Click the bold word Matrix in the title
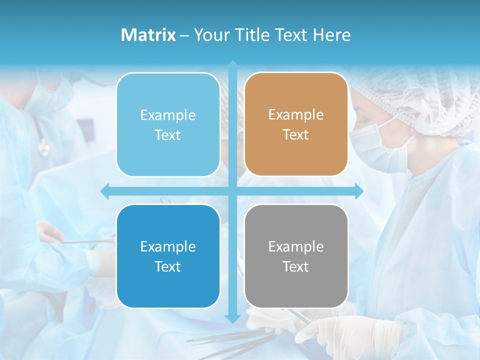pyautogui.click(x=148, y=35)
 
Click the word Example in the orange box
pyautogui.click(x=296, y=115)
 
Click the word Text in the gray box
pyautogui.click(x=296, y=267)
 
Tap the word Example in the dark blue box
pyautogui.click(x=168, y=246)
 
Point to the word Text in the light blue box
pyautogui.click(x=168, y=135)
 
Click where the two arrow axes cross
pyautogui.click(x=232, y=191)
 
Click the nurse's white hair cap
pyautogui.click(x=425, y=100)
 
